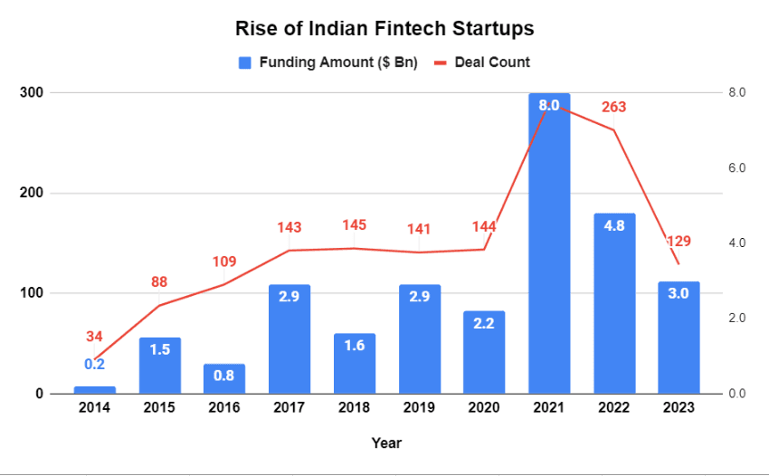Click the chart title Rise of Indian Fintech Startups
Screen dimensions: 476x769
pyautogui.click(x=384, y=28)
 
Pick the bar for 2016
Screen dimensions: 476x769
pyautogui.click(x=224, y=379)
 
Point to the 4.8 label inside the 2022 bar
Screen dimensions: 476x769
pyautogui.click(x=614, y=226)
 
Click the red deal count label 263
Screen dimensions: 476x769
pyautogui.click(x=613, y=107)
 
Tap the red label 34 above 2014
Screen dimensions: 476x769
pyautogui.click(x=94, y=337)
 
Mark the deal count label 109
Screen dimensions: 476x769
pyautogui.click(x=224, y=262)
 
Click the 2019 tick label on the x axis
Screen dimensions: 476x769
pyautogui.click(x=419, y=408)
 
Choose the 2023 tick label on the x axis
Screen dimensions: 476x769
pyautogui.click(x=679, y=408)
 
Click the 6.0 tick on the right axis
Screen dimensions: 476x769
pyautogui.click(x=736, y=168)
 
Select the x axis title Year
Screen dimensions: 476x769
pyautogui.click(x=386, y=443)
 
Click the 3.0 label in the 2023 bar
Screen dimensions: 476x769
pyautogui.click(x=679, y=293)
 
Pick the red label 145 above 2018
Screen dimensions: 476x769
pyautogui.click(x=355, y=225)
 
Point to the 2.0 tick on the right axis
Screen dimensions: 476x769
pyautogui.click(x=736, y=319)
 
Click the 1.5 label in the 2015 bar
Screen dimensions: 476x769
pyautogui.click(x=159, y=350)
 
